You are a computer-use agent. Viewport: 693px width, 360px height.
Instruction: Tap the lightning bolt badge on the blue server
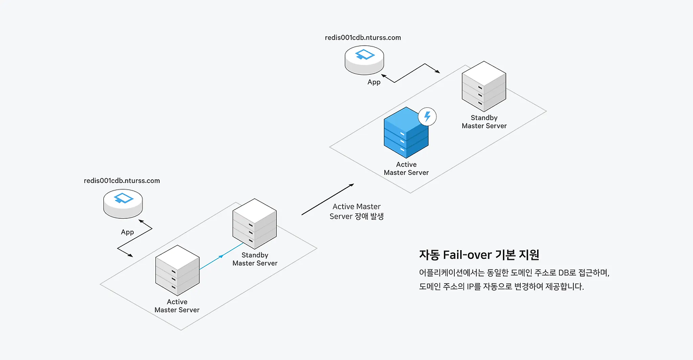[x=428, y=116]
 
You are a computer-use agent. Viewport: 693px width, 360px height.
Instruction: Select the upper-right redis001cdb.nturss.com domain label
[x=363, y=38]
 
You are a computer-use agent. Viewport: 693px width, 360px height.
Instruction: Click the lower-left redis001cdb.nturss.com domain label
[x=122, y=181]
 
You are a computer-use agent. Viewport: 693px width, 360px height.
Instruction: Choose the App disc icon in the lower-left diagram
[x=123, y=202]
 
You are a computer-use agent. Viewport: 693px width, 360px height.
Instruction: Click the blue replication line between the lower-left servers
[x=221, y=256]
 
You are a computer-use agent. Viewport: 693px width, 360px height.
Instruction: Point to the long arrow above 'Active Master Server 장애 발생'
[x=328, y=199]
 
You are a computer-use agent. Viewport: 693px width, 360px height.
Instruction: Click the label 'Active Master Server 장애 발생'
[x=356, y=212]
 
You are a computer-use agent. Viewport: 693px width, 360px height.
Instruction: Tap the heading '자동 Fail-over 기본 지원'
[x=479, y=254]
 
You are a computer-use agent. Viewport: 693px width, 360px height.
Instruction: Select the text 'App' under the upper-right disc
[x=374, y=82]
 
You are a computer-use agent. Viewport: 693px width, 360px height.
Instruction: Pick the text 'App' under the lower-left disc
[x=127, y=232]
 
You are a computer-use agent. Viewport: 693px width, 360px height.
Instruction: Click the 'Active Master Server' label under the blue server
[x=406, y=168]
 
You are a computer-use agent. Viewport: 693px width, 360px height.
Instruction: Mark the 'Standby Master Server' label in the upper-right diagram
[x=484, y=122]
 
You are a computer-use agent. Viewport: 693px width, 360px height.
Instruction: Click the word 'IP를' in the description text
[x=473, y=287]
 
